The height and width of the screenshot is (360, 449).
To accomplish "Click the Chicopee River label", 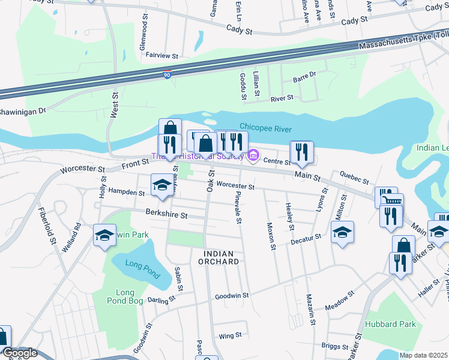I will click(x=265, y=127).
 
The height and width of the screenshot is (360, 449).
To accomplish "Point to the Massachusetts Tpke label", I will click(x=402, y=42).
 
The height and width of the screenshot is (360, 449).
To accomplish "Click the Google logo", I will click(x=19, y=353).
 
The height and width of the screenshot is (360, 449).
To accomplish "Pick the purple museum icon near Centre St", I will click(x=253, y=157).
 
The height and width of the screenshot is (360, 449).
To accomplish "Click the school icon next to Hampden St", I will click(x=161, y=185).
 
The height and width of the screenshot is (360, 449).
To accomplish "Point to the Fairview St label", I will click(x=162, y=55).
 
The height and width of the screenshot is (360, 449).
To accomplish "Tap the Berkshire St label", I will click(x=167, y=214).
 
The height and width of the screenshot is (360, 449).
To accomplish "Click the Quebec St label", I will click(x=354, y=178).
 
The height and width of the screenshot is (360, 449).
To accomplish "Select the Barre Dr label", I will click(x=304, y=76).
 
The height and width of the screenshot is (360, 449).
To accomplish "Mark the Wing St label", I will click(x=230, y=335).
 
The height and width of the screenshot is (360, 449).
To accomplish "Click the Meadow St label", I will click(x=337, y=292).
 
